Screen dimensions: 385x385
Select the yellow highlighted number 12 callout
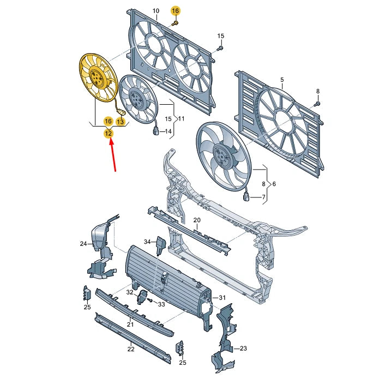point(109,133)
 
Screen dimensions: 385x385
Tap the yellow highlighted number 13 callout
point(121,121)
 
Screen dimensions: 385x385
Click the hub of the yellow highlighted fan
point(96,77)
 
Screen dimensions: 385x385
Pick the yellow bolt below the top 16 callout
point(175,23)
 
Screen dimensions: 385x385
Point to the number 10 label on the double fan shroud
point(156,11)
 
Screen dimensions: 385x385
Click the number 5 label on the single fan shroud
point(282,80)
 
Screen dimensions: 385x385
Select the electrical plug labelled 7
point(246,197)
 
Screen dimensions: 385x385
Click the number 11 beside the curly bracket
point(181,118)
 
